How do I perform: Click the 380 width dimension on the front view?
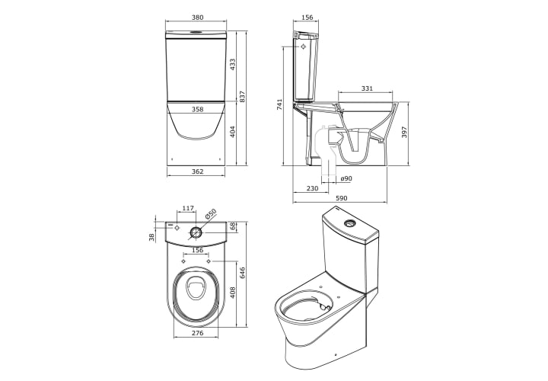197,17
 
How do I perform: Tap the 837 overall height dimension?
243,97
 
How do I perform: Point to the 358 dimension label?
197,109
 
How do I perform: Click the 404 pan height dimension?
233,131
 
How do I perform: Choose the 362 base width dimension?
197,171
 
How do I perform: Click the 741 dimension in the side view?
279,104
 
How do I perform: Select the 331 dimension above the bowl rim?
367,88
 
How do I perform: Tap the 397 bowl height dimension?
404,133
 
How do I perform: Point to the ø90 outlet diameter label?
346,178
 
